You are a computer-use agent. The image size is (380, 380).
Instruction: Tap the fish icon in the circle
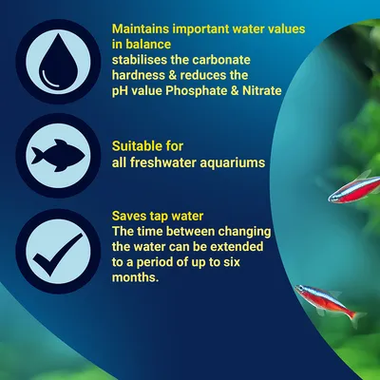(55, 154)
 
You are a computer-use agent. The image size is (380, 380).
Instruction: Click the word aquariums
(231, 164)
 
